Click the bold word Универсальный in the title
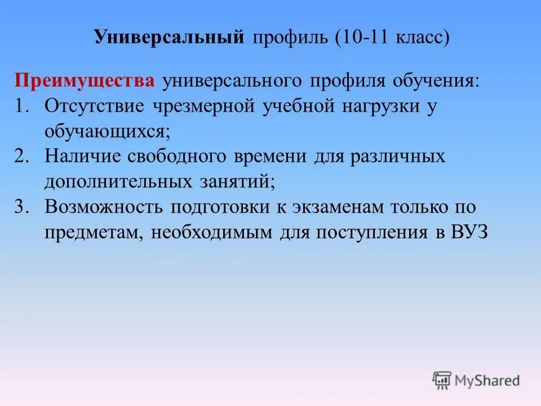[169, 38]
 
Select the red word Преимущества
[85, 80]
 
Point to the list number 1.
[23, 105]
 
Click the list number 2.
[23, 156]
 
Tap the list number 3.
[23, 206]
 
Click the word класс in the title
[419, 38]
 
